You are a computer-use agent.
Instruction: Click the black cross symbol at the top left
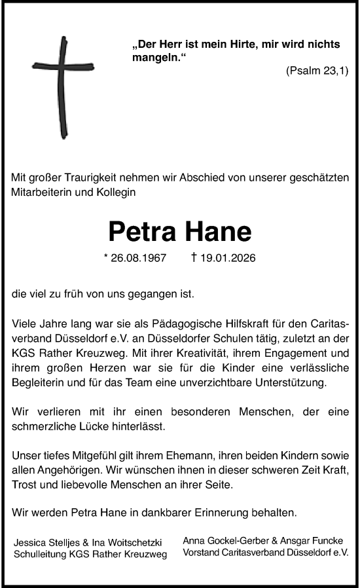coord(63,86)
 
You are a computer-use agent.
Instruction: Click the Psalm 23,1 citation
coord(317,71)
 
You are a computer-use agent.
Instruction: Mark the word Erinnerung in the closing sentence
coord(228,514)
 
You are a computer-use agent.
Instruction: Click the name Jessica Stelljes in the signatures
coord(44,543)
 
